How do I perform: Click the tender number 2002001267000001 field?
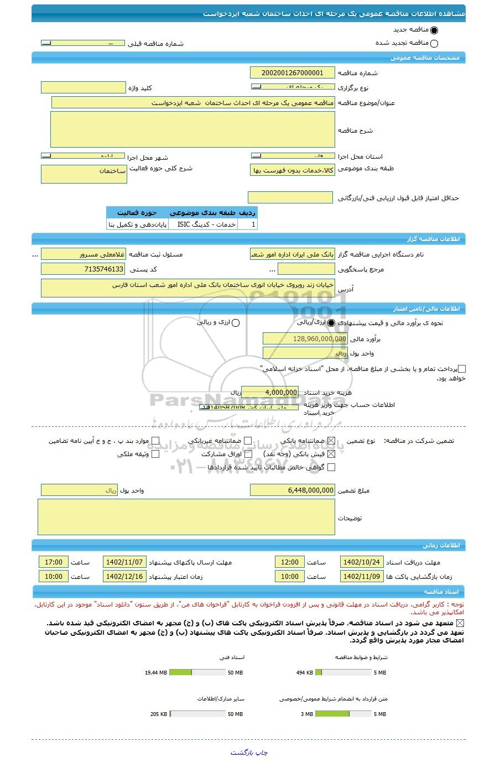tap(293, 73)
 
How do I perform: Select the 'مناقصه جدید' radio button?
tap(434, 31)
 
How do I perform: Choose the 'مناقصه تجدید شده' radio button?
tap(434, 44)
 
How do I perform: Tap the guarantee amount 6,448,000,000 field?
tap(293, 490)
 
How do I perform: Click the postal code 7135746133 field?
tap(84, 269)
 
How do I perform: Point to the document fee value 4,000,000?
tap(270, 392)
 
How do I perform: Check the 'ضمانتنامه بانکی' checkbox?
tap(331, 441)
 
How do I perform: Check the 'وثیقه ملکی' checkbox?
tap(155, 454)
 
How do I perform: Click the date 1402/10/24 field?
tap(361, 562)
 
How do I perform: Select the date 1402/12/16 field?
tap(124, 576)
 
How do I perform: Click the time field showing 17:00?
tap(54, 562)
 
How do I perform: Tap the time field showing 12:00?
tap(290, 562)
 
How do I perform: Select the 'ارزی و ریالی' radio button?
tap(236, 323)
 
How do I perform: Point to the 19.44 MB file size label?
tap(156, 673)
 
